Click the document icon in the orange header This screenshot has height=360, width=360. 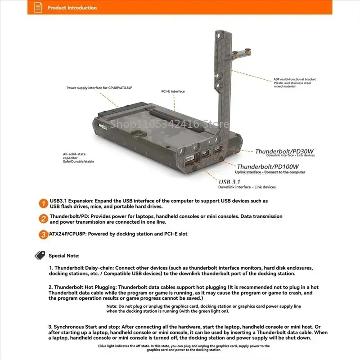pos(38,7)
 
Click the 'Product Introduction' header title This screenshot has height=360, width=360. pos(72,8)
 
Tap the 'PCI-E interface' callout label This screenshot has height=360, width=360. pos(173,91)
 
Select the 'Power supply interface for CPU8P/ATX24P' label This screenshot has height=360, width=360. pos(99,88)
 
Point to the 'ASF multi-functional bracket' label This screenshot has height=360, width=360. pos(295,79)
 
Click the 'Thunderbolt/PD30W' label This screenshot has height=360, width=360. pos(284,151)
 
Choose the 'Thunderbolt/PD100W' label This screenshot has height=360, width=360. pos(268,166)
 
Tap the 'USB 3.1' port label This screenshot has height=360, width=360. pos(229,182)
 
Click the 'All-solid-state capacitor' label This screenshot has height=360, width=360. pos(74,156)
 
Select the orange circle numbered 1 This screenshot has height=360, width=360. pos(43,203)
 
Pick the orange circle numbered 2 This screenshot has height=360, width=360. pos(43,219)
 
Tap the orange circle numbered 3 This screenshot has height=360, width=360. pos(43,234)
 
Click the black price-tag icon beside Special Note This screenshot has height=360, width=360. pos(40,255)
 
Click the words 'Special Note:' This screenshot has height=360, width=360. pos(64,256)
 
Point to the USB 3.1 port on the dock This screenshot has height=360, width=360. pos(190,158)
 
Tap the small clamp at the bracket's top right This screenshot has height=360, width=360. pos(241,53)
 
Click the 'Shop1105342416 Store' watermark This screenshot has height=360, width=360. pos(170,124)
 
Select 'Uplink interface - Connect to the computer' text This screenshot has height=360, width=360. pos(270,172)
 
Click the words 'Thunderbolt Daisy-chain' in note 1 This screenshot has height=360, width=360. pos(84,268)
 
